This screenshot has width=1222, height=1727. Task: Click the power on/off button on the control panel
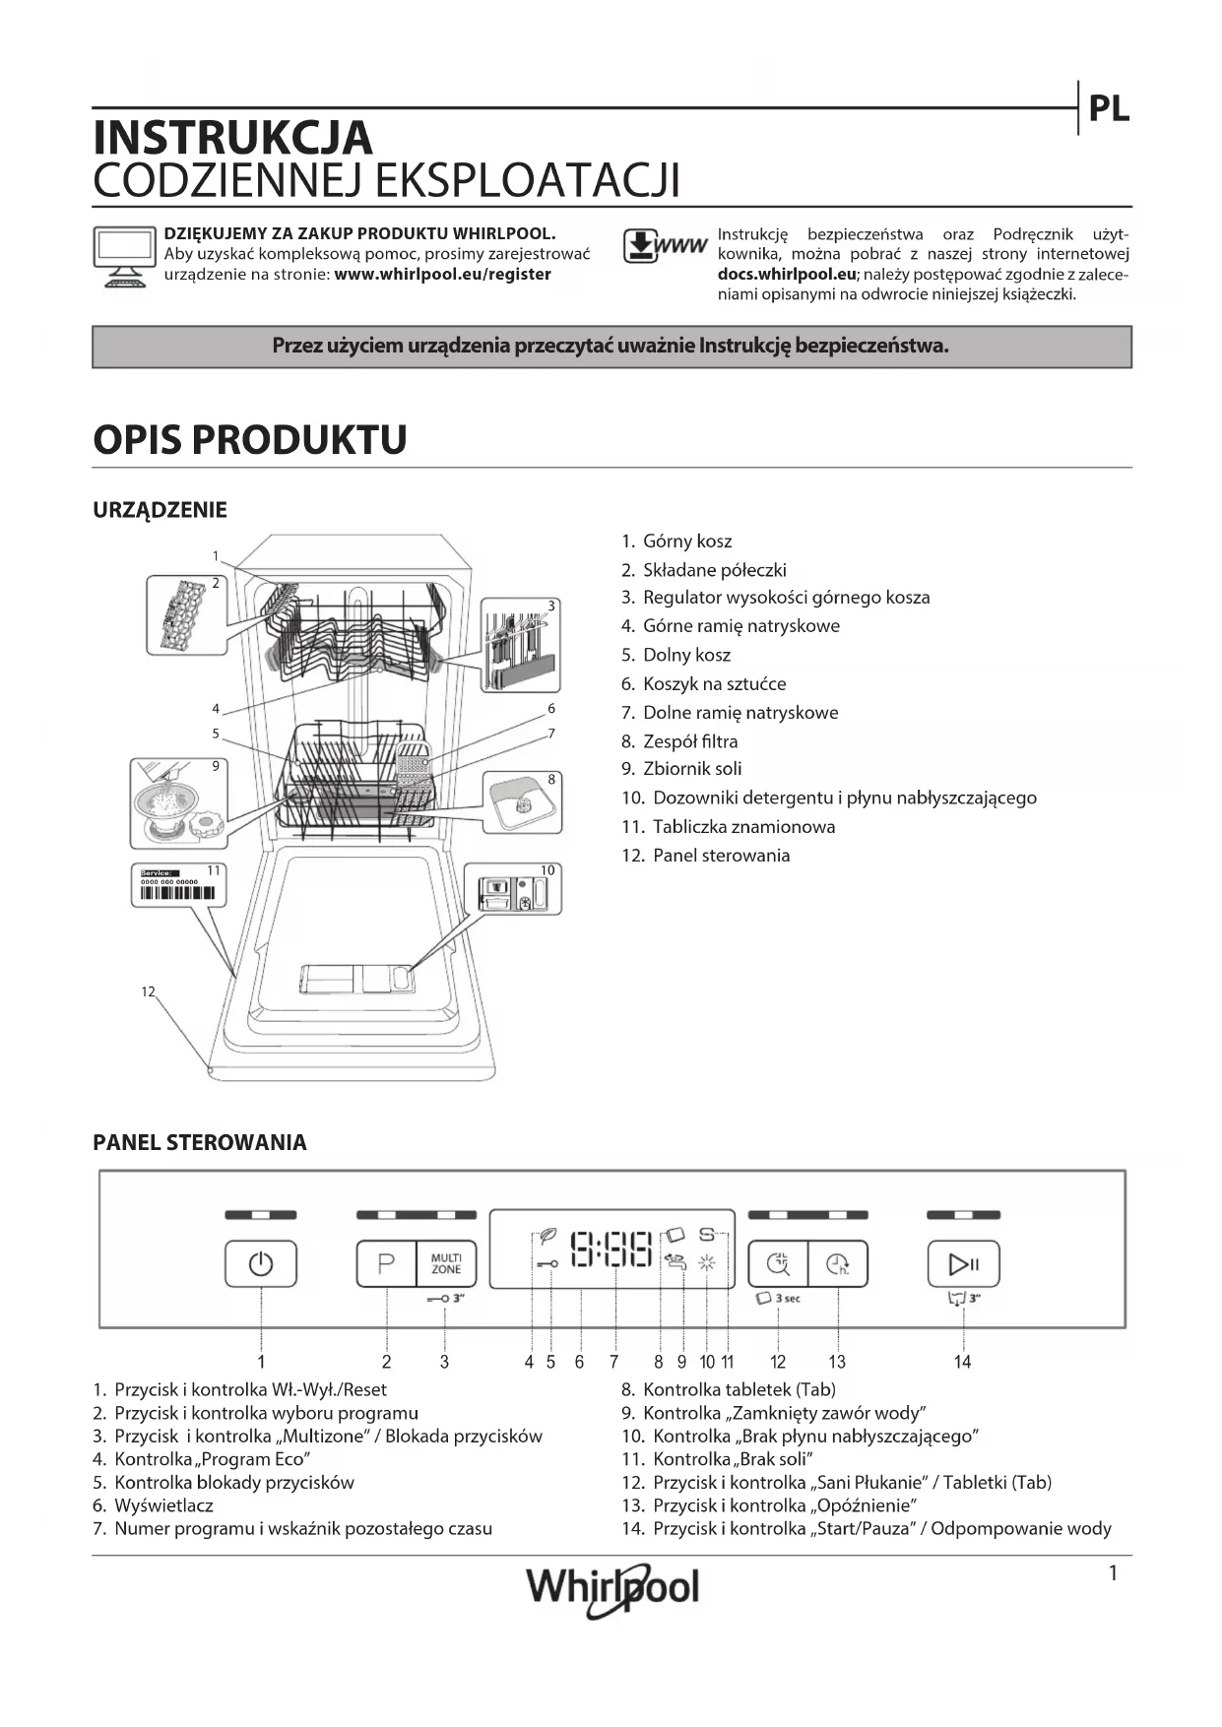[260, 1263]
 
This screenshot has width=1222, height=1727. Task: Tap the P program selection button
[386, 1263]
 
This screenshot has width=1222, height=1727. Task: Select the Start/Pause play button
[963, 1263]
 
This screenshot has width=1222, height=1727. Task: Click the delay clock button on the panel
[838, 1263]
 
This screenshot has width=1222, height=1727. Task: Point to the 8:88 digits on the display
[611, 1248]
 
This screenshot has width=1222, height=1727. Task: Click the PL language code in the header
[1109, 109]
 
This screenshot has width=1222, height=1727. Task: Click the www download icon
[665, 246]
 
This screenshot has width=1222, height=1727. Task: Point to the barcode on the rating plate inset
[178, 893]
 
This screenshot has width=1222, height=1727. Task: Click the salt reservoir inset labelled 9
[178, 802]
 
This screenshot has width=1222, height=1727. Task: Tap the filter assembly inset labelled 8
[522, 802]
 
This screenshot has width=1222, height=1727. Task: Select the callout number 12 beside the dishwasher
[148, 991]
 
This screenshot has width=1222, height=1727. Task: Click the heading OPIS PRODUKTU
[250, 439]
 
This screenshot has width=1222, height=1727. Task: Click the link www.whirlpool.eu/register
[442, 275]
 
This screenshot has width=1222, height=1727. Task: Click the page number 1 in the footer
[1113, 1573]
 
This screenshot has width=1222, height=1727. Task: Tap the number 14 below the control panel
[962, 1362]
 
